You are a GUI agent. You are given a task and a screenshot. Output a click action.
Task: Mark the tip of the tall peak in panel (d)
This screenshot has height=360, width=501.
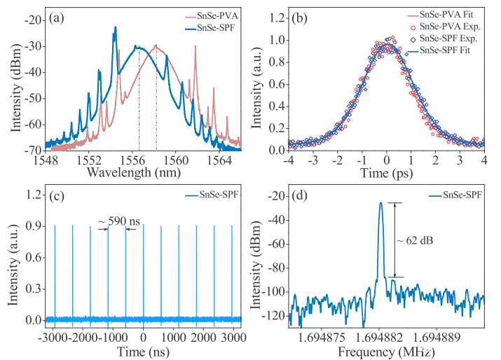click(x=381, y=203)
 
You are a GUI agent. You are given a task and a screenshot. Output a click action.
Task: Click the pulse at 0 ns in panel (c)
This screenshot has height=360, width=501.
click(x=144, y=273)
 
